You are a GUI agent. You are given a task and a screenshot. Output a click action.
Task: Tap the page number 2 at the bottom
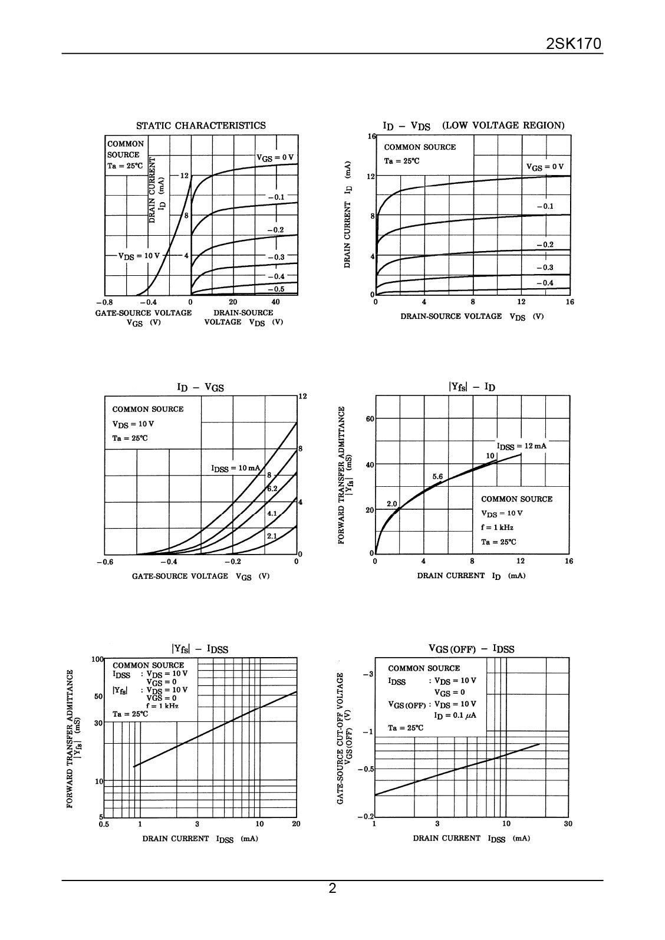tap(332, 889)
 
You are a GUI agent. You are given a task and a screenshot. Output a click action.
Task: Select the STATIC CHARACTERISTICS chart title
tap(200, 126)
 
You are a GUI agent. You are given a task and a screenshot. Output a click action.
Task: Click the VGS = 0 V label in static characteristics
tap(274, 157)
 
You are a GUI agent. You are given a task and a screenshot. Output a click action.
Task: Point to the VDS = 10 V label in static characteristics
tap(139, 256)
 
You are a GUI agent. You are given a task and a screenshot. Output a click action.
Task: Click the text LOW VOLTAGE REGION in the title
tap(503, 125)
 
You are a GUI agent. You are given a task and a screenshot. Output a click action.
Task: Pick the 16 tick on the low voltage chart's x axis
tap(569, 302)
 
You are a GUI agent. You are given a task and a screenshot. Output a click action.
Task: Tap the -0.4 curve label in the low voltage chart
tap(545, 283)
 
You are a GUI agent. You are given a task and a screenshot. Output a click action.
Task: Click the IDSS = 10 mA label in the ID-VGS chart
tap(235, 468)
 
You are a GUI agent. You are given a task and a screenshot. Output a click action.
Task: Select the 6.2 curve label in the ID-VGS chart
tap(272, 489)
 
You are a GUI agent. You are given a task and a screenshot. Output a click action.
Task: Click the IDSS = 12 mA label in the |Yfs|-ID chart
tap(521, 446)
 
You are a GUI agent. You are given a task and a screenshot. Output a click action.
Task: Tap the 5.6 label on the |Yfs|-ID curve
tap(437, 476)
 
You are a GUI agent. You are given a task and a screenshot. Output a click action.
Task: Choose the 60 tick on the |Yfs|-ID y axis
tap(370, 419)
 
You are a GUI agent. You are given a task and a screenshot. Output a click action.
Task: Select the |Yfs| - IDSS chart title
tap(200, 649)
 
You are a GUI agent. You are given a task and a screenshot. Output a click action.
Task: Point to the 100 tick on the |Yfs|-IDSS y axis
tap(97, 659)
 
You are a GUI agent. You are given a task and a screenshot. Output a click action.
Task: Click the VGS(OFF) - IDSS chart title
tap(471, 649)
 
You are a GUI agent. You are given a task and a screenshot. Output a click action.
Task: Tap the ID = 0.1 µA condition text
tap(455, 715)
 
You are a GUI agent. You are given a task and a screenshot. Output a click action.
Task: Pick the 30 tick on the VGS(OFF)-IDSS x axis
tap(568, 824)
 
